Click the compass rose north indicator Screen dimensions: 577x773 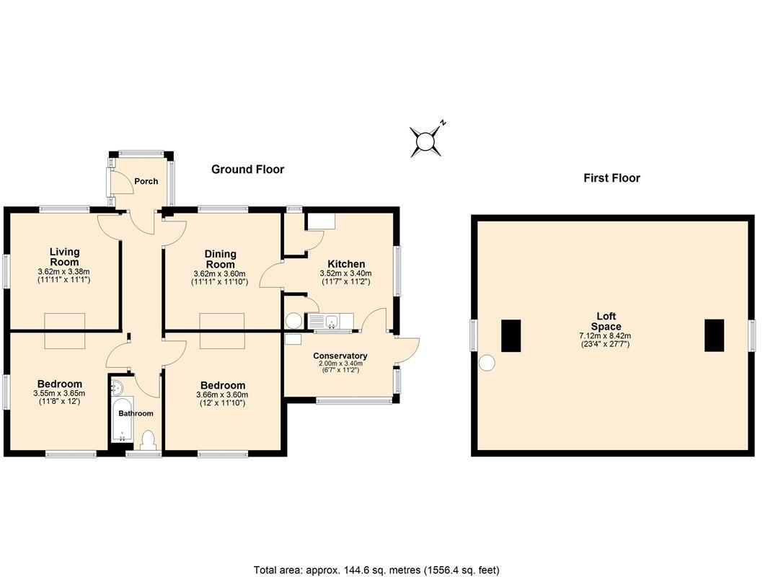pos(427,139)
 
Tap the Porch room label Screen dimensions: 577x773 pos(146,181)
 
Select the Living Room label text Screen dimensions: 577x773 pos(64,257)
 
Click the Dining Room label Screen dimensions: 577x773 pos(221,259)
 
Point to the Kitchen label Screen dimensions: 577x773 pos(346,264)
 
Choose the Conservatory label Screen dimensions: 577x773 pos(340,356)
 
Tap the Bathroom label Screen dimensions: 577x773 pos(136,413)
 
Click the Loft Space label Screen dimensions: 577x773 pos(606,321)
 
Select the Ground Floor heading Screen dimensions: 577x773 pos(247,169)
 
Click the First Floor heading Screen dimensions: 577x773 pos(611,178)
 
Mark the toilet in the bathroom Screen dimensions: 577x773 pos(149,439)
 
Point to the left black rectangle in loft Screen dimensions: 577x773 pos(511,335)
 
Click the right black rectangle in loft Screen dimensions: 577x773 pos(714,335)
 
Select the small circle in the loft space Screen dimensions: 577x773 pos(487,363)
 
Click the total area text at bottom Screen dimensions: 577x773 pos(376,570)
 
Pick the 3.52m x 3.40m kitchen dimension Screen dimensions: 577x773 pos(345,273)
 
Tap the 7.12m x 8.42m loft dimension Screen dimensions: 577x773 pos(605,335)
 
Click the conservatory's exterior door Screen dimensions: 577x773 pos(407,351)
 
